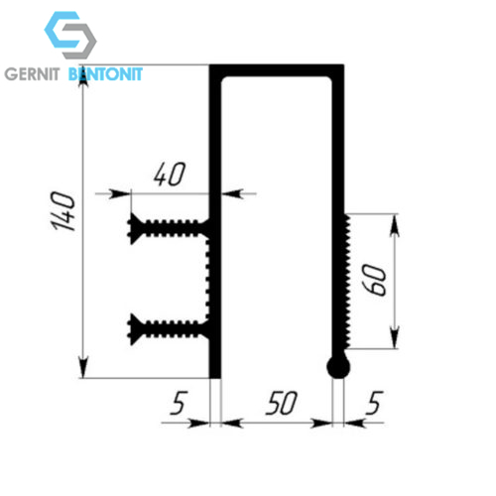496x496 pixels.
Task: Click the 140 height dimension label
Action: (62, 210)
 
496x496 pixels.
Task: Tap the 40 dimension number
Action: (170, 175)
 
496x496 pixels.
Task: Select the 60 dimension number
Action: (374, 280)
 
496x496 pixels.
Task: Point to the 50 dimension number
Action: (282, 403)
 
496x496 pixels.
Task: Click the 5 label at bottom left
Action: (179, 403)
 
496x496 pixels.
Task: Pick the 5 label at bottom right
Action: (374, 403)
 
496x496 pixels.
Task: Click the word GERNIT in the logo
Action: (32, 74)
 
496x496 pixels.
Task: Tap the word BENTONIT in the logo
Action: (105, 74)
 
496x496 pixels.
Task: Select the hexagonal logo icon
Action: (70, 35)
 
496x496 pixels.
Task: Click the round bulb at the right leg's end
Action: (338, 367)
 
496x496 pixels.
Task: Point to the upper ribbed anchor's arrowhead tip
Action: (128, 228)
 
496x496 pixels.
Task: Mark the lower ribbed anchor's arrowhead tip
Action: (128, 329)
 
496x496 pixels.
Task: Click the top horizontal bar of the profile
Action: (277, 70)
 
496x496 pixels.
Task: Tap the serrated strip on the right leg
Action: (347, 281)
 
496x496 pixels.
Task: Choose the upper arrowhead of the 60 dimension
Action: (394, 225)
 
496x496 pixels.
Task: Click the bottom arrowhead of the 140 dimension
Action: (83, 366)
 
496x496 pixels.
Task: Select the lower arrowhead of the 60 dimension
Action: (394, 337)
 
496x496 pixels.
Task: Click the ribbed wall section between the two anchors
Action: (208, 279)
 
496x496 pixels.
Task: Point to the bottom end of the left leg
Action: (215, 378)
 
